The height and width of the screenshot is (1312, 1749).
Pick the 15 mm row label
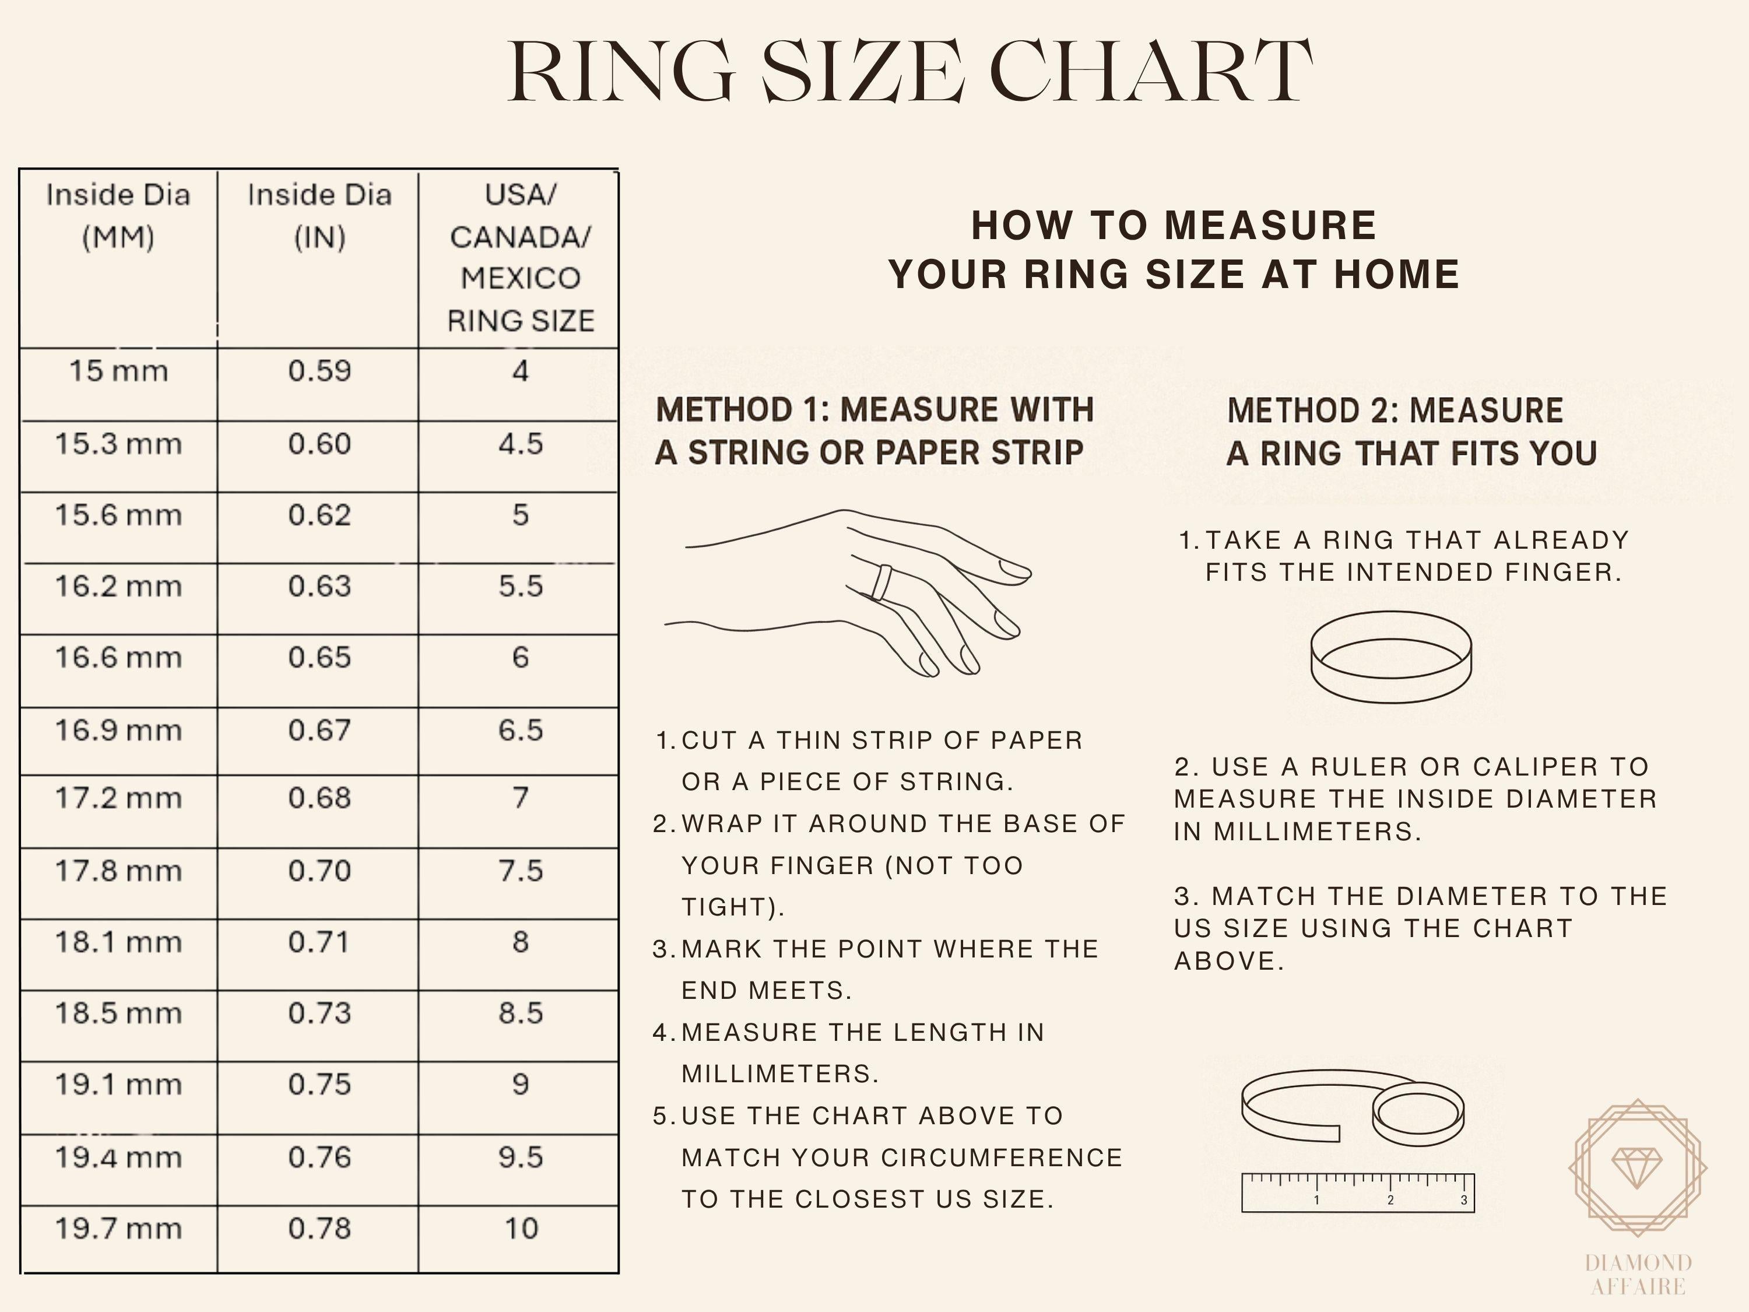[x=118, y=371]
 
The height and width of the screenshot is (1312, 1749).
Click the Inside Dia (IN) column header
[x=319, y=216]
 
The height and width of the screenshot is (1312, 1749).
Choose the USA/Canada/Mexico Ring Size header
[x=519, y=258]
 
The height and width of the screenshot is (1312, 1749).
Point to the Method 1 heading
[x=874, y=431]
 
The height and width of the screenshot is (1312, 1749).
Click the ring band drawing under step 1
[x=1391, y=657]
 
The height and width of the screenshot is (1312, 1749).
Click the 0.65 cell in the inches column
[x=319, y=658]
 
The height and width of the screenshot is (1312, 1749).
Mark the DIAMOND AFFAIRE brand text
[x=1638, y=1274]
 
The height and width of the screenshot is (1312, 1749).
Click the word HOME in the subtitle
[x=1396, y=275]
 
